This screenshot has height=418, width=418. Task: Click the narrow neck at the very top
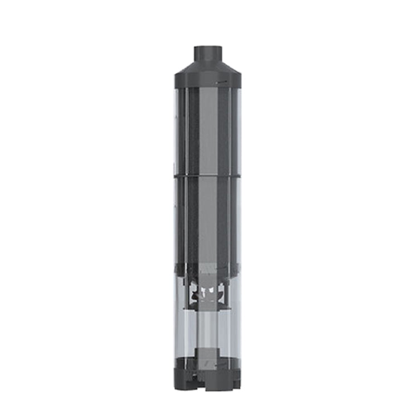coord(209,54)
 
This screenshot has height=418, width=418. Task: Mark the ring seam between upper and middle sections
coord(209,176)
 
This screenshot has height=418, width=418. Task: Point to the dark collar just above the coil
coord(209,269)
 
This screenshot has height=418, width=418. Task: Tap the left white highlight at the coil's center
coord(203,291)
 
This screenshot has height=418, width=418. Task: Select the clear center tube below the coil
coord(209,326)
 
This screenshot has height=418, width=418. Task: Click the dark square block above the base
coord(209,357)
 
